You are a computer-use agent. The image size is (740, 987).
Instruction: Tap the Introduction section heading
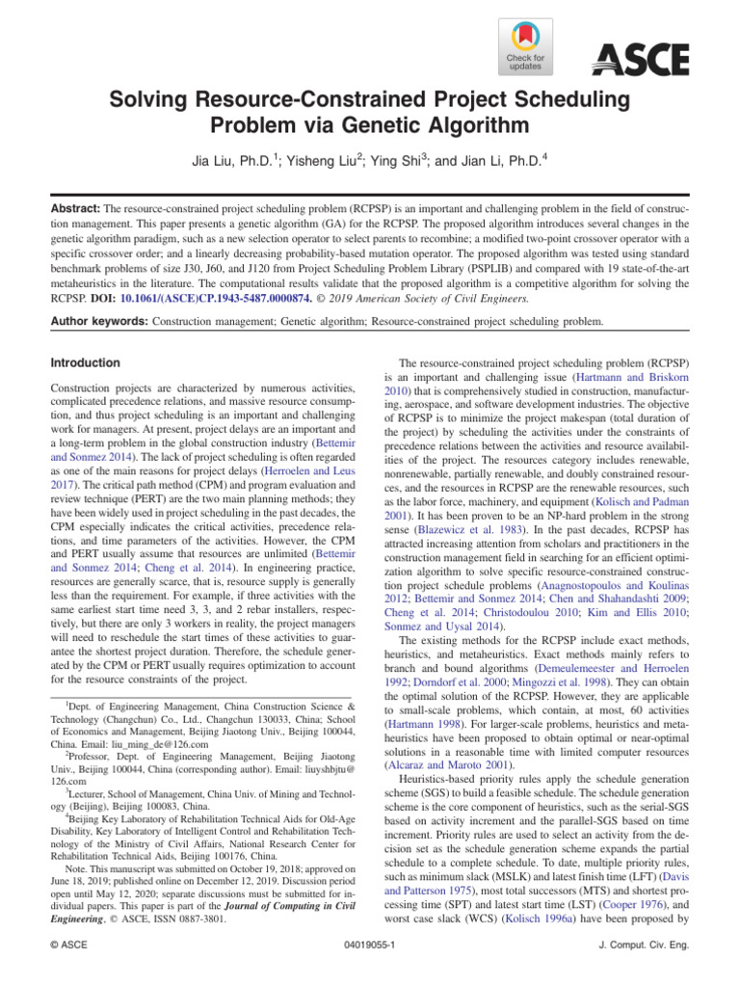pyautogui.click(x=86, y=363)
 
